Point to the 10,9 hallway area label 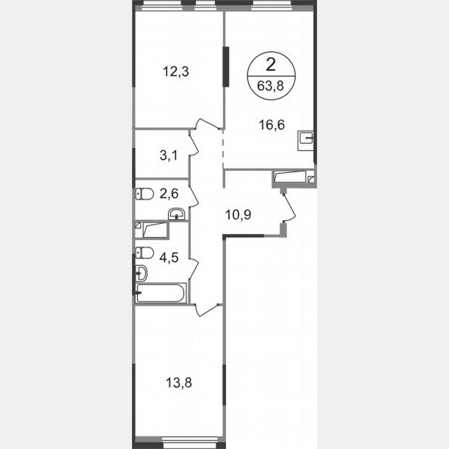click(x=238, y=214)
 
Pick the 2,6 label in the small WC click(x=167, y=195)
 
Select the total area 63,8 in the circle click(x=271, y=86)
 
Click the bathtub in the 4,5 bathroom click(x=160, y=293)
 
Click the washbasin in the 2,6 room click(x=177, y=214)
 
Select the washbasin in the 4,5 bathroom click(x=140, y=272)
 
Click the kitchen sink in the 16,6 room click(x=306, y=140)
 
